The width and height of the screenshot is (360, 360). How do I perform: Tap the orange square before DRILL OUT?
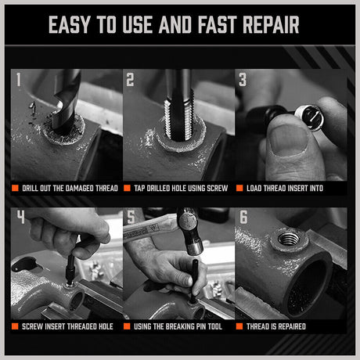[15, 189]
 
